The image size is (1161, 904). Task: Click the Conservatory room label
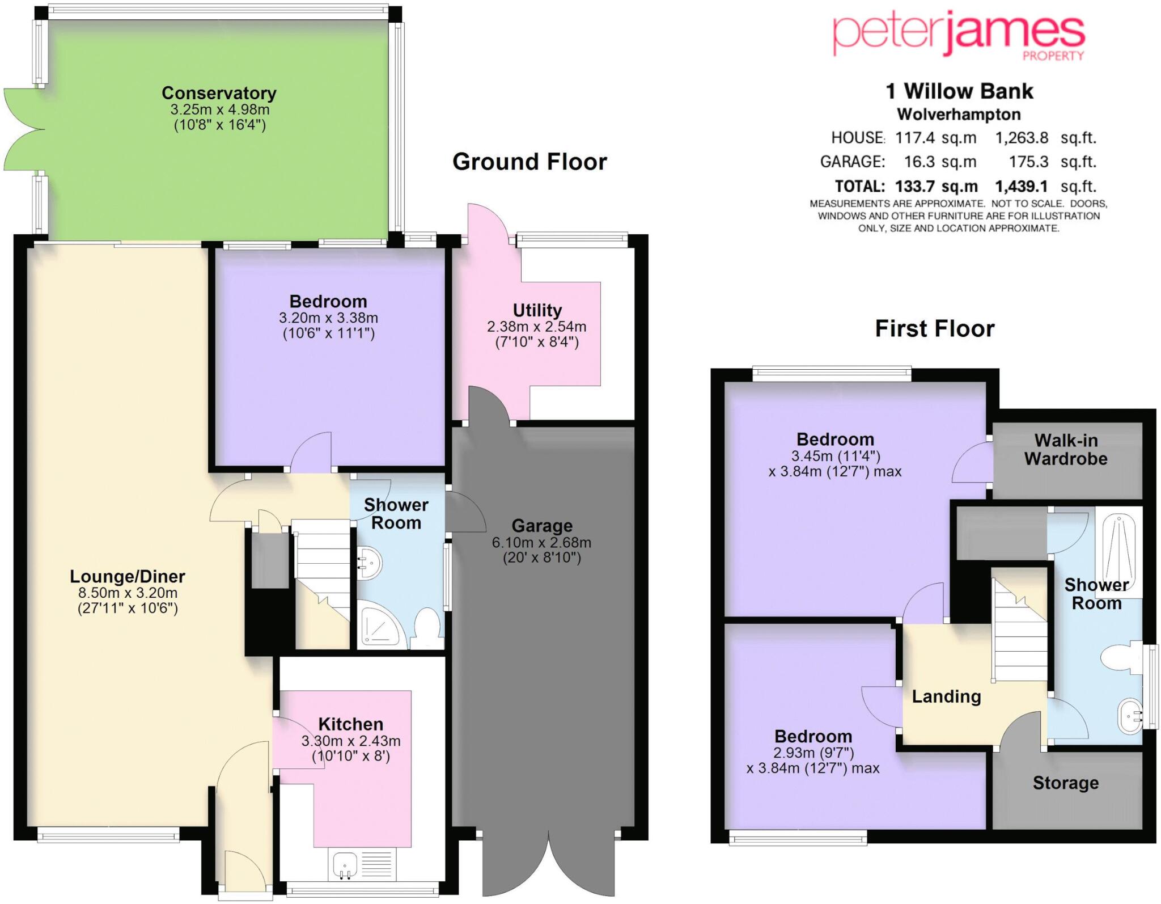[219, 93]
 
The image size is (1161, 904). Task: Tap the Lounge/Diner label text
[128, 577]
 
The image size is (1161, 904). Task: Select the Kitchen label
[351, 724]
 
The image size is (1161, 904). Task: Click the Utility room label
[537, 310]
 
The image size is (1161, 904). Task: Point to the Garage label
[542, 526]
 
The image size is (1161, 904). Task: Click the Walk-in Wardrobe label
[1066, 449]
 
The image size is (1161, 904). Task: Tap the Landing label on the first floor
[946, 696]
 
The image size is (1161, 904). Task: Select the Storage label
[1066, 783]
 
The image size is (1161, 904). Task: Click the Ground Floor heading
[529, 162]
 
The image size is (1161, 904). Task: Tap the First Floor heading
[935, 329]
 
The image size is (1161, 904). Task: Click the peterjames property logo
[959, 37]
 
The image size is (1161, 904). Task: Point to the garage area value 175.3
[1028, 162]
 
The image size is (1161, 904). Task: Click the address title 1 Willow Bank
[959, 91]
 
